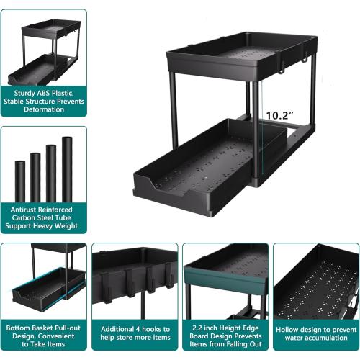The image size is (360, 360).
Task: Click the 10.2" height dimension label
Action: tap(281, 114)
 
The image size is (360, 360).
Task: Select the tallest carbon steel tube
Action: tap(67, 169)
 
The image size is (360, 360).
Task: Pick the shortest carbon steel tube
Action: tap(20, 181)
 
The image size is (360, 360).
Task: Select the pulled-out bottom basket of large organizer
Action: tap(194, 162)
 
